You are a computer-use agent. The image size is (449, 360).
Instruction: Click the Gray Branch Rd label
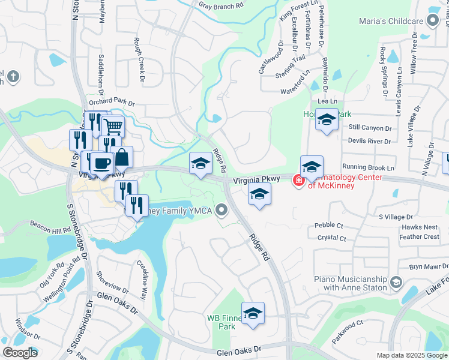pos(221,5)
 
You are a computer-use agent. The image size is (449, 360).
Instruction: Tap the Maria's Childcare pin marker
pos(432,22)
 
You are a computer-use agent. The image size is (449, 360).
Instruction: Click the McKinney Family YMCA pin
pos(222,210)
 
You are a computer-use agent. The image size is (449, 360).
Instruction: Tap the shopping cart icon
pos(112,125)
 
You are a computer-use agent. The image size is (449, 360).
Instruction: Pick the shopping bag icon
pos(122,157)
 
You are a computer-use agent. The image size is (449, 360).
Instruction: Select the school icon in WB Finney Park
pos(253,313)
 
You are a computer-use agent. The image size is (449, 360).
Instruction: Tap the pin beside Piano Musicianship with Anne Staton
pos(396,282)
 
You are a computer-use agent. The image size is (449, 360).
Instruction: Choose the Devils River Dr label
pos(369,141)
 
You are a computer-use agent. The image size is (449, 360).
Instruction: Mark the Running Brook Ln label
pos(369,167)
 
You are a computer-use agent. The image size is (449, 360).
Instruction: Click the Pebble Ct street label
pos(329,226)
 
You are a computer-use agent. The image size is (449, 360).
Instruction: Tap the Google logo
pos(20,352)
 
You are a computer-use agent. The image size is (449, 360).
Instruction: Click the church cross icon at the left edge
pos(13,76)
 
